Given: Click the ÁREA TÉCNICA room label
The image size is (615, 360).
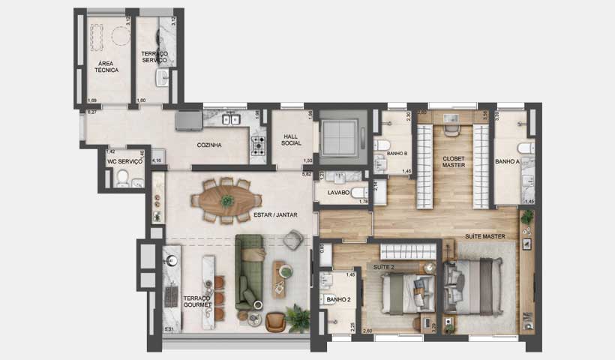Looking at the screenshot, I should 106,65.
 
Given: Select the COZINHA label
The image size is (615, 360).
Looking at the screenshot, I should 208,145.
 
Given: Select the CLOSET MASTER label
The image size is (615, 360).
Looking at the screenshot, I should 454,161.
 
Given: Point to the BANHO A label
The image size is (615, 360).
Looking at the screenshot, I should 507,161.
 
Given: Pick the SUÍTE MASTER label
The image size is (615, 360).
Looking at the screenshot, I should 485,236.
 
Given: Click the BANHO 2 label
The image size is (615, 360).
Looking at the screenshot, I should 338,300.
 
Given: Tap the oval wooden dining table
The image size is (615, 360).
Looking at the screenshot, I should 227,199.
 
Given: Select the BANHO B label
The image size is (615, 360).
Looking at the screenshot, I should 397,153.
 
